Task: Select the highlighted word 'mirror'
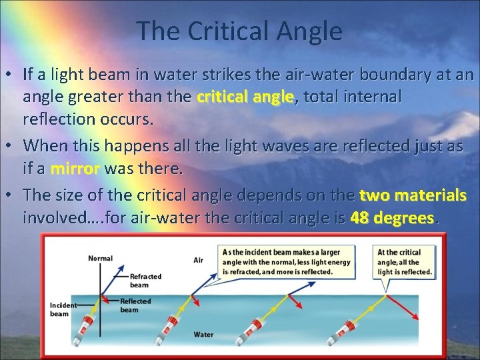click(74, 169)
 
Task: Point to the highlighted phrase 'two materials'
click(412, 195)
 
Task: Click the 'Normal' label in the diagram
click(100, 257)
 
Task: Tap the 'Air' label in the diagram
click(198, 260)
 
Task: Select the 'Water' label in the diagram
click(203, 333)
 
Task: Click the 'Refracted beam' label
click(145, 280)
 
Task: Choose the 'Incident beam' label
click(63, 309)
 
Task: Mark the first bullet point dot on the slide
click(13, 75)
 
